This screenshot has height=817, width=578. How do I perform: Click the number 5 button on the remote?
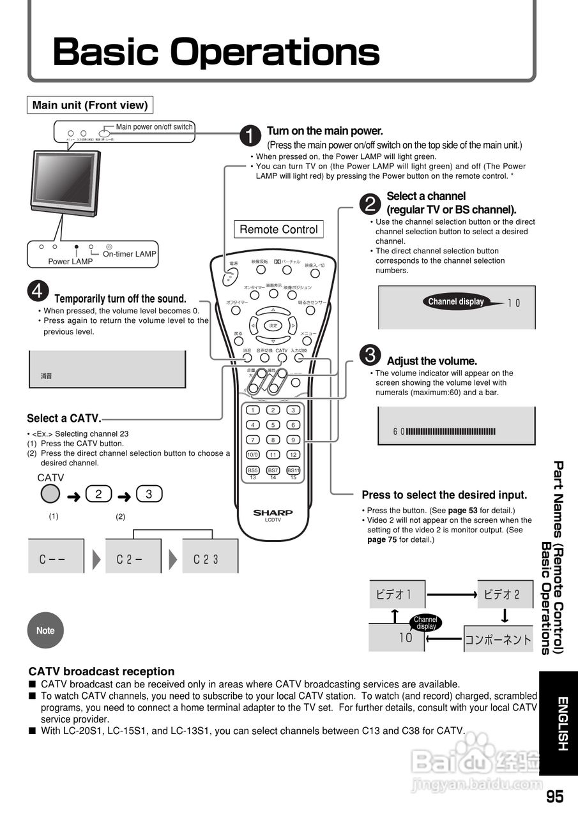click(x=273, y=425)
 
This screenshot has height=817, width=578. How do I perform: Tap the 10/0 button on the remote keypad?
click(x=253, y=455)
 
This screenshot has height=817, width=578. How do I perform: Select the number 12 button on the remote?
click(x=293, y=455)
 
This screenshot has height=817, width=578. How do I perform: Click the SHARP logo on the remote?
click(x=273, y=512)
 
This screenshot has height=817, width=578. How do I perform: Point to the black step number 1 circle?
click(x=250, y=135)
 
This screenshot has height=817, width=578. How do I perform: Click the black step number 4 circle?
click(x=38, y=291)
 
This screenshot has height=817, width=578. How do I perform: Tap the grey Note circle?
click(x=45, y=630)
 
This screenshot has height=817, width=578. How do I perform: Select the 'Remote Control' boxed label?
click(x=278, y=229)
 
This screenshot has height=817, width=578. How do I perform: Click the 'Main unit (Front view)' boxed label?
click(x=90, y=105)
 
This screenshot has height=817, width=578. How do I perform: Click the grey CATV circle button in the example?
click(x=50, y=493)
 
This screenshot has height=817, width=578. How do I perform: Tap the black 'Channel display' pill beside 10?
click(x=457, y=302)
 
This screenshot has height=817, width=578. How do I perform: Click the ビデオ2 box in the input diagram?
click(x=505, y=594)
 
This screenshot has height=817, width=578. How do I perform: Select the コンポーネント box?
click(x=498, y=639)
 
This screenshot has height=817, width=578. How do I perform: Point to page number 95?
click(x=555, y=797)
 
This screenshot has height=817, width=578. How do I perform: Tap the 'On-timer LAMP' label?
click(x=129, y=254)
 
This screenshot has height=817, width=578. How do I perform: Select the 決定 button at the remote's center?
click(x=273, y=326)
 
